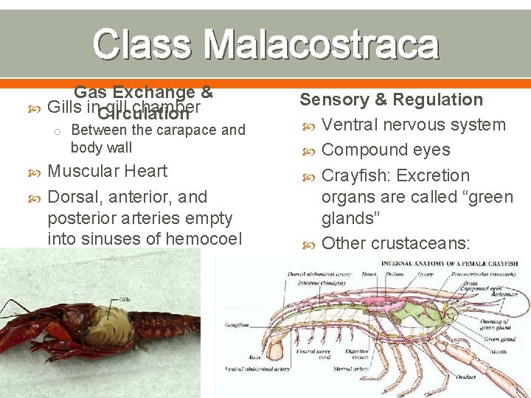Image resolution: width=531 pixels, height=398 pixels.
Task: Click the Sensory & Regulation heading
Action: [391, 99]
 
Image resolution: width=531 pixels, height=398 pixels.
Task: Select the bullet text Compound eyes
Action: [386, 150]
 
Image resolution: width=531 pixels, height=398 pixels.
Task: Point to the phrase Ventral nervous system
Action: [414, 125]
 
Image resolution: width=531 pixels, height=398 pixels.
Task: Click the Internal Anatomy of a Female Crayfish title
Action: [445, 263]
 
